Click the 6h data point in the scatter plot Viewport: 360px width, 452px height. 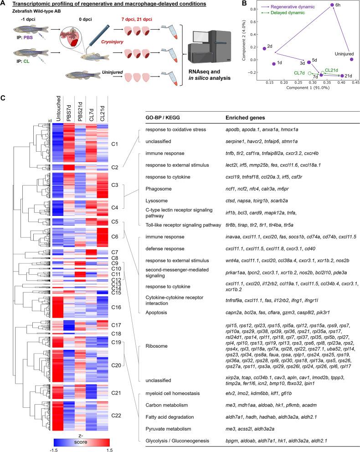(332, 5)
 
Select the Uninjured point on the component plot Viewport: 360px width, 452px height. (351, 60)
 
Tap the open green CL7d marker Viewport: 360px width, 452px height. (309, 73)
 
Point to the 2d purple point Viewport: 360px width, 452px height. (264, 48)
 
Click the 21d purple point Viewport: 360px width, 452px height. (342, 76)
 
